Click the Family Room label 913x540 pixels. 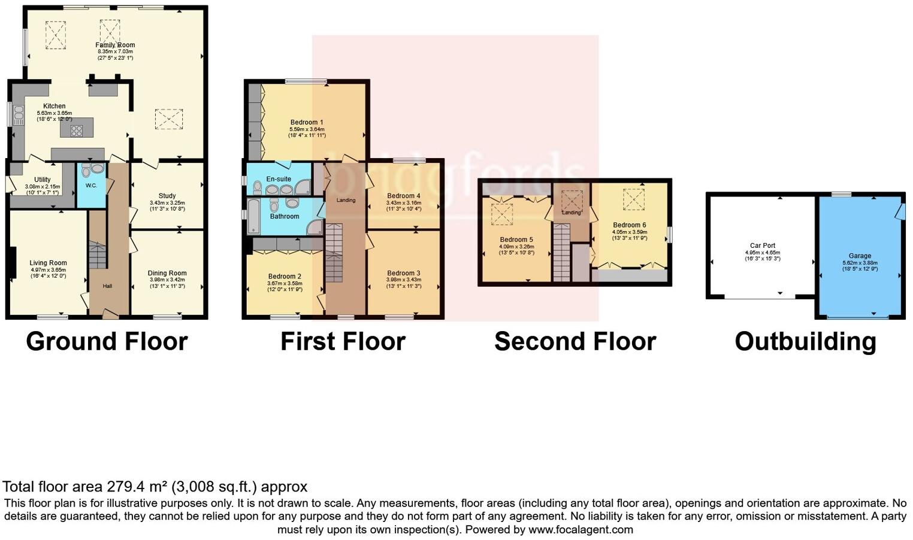(x=115, y=45)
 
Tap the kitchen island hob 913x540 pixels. (x=77, y=130)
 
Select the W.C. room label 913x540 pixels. (x=91, y=186)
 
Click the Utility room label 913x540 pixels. (x=42, y=180)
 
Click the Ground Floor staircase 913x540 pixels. (x=97, y=254)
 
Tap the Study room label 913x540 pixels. (x=167, y=196)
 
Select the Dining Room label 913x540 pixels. (x=167, y=273)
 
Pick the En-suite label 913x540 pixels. (x=279, y=179)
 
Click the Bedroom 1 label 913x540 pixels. (x=307, y=122)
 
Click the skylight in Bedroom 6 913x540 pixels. (x=633, y=199)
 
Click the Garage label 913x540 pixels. (x=860, y=256)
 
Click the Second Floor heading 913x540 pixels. (x=575, y=341)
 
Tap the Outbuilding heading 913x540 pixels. (x=805, y=341)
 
